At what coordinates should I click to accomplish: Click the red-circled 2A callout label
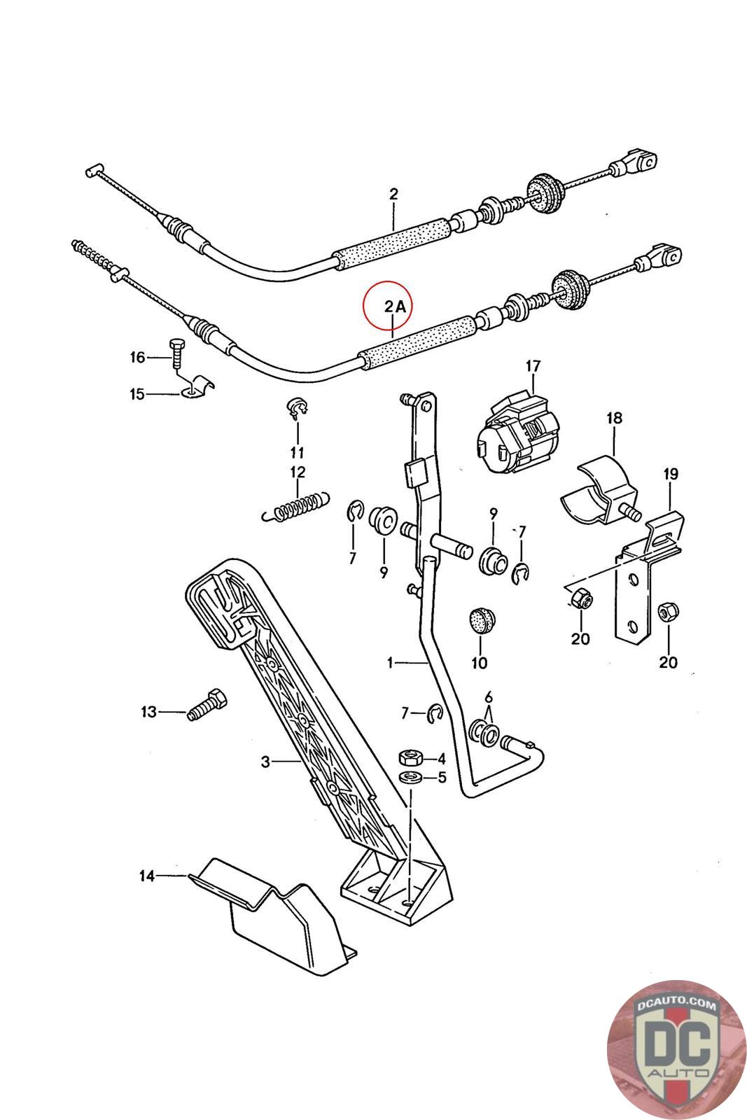coord(393,306)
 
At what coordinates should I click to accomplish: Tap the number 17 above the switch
coord(533,365)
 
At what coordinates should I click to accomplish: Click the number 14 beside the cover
coord(146,875)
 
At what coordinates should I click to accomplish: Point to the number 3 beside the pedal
coord(265,761)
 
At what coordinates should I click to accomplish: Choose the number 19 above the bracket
coord(670,474)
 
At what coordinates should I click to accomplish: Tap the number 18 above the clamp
coord(614,418)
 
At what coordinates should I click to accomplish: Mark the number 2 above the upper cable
coord(393,193)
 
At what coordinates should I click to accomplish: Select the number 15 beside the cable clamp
coord(137,394)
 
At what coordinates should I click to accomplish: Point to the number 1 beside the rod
coord(390,661)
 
